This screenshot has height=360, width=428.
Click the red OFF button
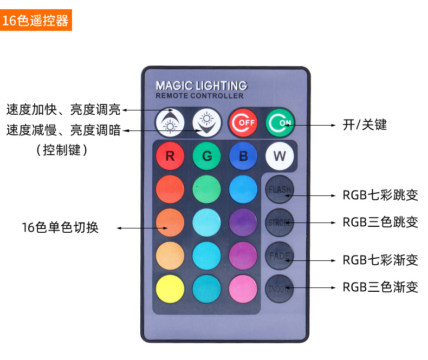242,123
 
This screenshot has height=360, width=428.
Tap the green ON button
280,123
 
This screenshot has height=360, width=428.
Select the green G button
206,156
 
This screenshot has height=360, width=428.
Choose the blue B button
243,156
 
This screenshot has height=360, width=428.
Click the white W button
280,156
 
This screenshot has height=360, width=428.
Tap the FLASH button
280,189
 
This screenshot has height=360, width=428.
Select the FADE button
280,256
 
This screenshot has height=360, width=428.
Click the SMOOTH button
280,289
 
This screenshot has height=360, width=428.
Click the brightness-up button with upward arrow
170,123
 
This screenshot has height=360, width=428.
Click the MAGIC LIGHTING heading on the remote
201,86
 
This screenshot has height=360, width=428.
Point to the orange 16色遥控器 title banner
36,21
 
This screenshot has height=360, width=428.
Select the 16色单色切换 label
60,227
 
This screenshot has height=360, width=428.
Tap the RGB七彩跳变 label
380,195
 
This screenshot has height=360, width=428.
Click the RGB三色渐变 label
380,287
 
